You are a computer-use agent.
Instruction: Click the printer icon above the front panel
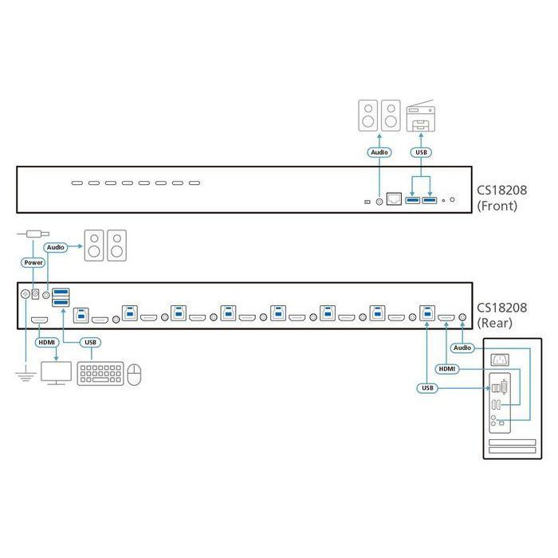coord(422,116)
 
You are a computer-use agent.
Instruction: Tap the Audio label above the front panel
coord(379,151)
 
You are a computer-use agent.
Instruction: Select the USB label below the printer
coord(422,151)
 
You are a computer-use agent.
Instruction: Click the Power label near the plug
coord(33,261)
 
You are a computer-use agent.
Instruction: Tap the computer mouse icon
coord(135,374)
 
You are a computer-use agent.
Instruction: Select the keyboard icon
coord(100,374)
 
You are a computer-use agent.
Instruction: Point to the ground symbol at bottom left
coord(25,371)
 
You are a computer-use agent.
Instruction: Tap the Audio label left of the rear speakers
coord(55,248)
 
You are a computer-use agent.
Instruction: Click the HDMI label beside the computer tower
coord(447,368)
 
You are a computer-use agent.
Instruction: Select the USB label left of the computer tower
coord(426,388)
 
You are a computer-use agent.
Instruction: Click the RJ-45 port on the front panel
coord(394,200)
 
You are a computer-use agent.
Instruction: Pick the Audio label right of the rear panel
coord(462,348)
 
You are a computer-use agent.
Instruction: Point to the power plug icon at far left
coord(32,234)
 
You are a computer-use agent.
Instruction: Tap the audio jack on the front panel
coord(379,201)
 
